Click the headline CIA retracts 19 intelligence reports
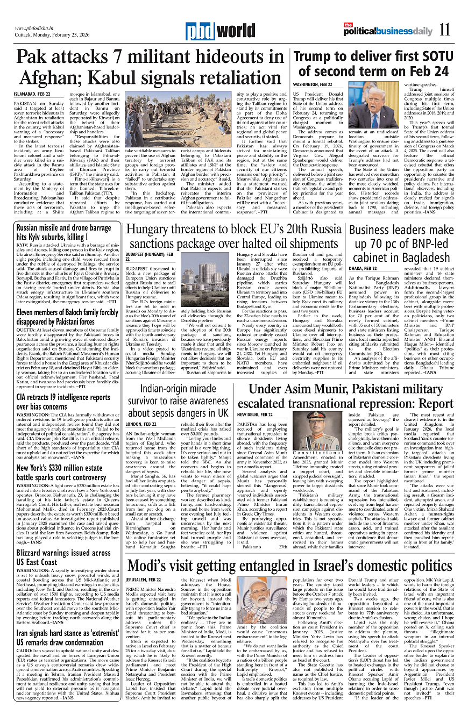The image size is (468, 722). [63, 402]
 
